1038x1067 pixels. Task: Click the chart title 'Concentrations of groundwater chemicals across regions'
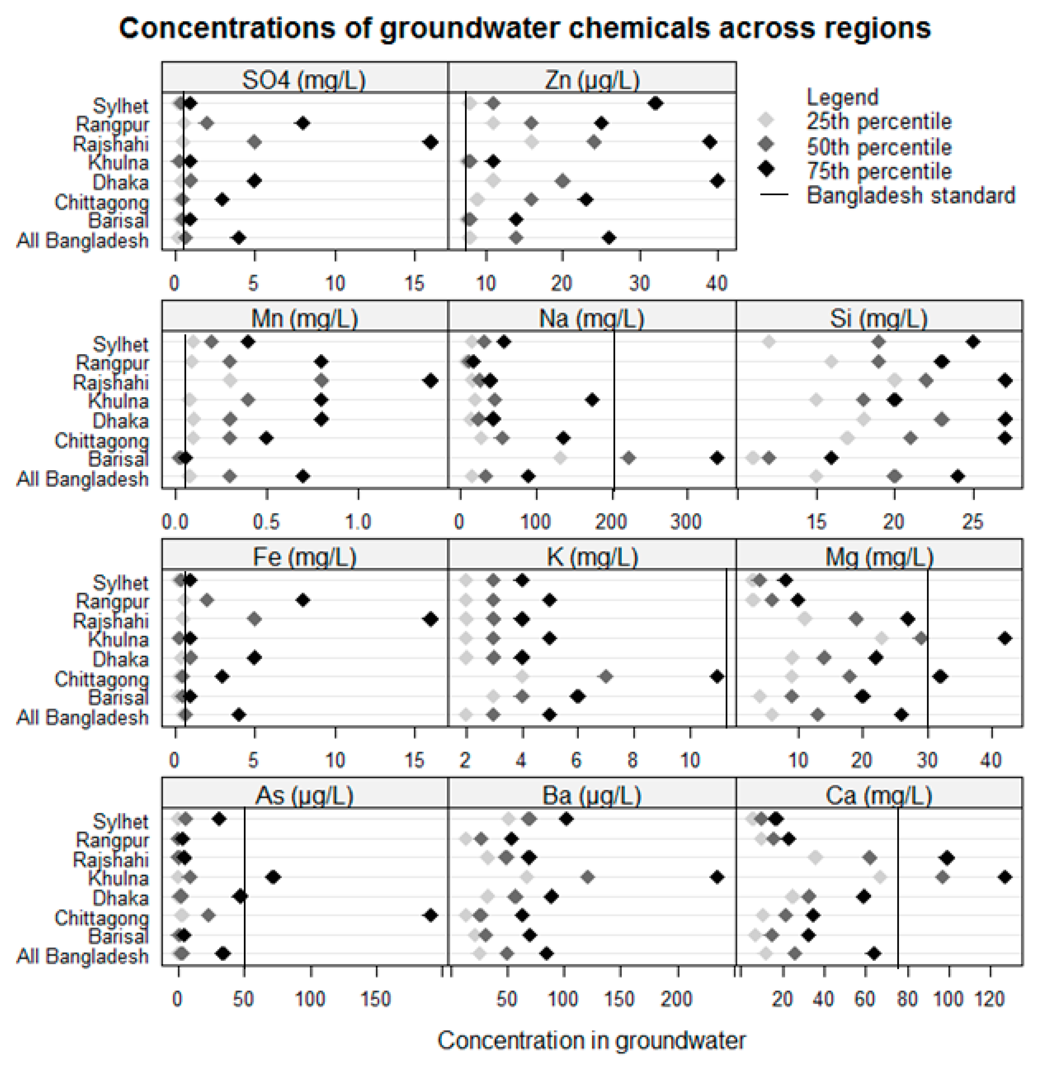coord(525,28)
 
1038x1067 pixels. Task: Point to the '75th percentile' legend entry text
coord(879,171)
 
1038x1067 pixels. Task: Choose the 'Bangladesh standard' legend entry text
coord(910,195)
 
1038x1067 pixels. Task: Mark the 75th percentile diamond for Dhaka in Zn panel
coord(718,181)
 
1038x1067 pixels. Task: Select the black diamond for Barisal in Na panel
coord(718,458)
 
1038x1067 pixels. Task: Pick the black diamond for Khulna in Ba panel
coord(718,877)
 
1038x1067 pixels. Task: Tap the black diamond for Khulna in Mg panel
coord(1005,638)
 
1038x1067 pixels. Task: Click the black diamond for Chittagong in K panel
coord(718,677)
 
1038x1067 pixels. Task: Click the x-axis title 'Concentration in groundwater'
coord(591,1040)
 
